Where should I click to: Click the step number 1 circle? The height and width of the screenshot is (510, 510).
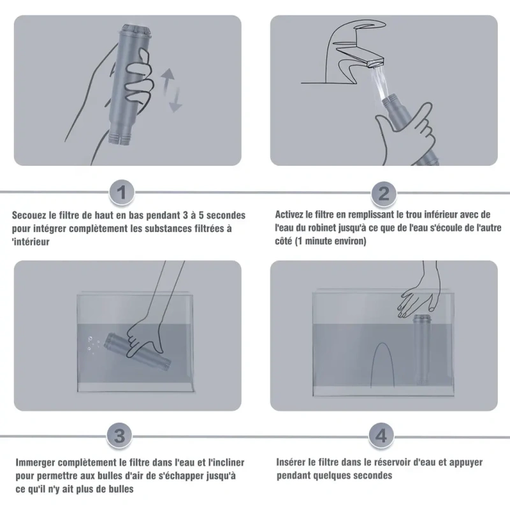pyautogui.click(x=121, y=193)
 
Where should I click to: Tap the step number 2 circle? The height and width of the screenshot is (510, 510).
pyautogui.click(x=384, y=194)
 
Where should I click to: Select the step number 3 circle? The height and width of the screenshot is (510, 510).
pyautogui.click(x=119, y=435)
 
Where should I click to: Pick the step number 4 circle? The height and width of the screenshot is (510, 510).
pyautogui.click(x=381, y=435)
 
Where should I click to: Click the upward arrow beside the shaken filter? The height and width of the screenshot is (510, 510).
pyautogui.click(x=168, y=79)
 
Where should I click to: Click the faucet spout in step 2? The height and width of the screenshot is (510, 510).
pyautogui.click(x=360, y=55)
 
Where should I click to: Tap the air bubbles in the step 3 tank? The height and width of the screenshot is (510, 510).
pyautogui.click(x=93, y=346)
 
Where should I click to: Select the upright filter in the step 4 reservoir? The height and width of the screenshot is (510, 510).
pyautogui.click(x=421, y=349)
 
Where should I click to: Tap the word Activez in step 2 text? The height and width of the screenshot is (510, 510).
pyautogui.click(x=289, y=215)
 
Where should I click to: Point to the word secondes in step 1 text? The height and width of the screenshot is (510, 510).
pyautogui.click(x=226, y=215)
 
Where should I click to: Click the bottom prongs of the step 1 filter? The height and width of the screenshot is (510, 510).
pyautogui.click(x=120, y=138)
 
